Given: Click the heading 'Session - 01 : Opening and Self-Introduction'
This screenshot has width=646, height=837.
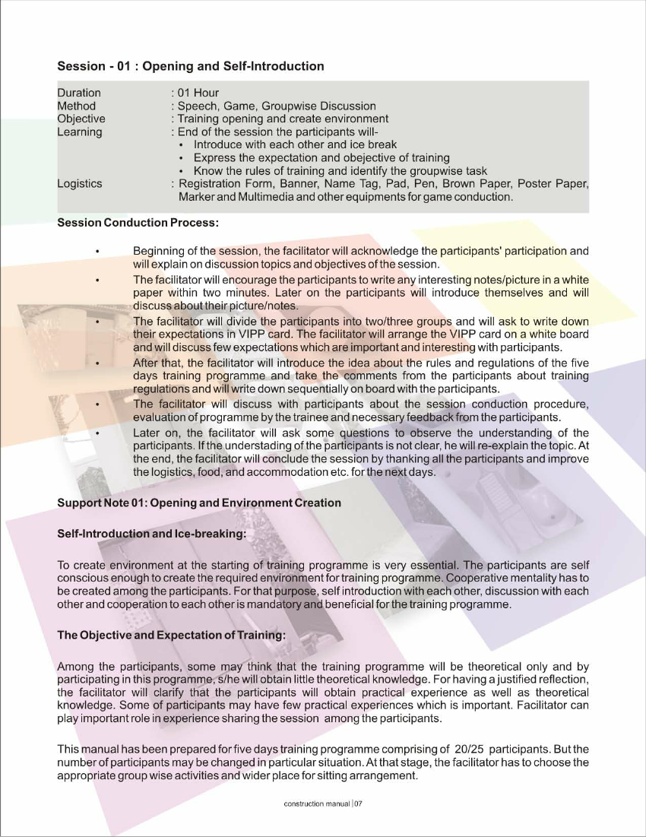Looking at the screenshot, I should coord(191,66).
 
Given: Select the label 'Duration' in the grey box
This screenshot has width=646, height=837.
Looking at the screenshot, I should coord(79,94).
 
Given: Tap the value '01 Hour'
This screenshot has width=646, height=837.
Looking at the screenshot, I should coord(198,94).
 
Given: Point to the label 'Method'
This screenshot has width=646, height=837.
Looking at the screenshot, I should coord(76,106).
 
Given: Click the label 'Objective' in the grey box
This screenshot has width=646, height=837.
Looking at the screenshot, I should coord(81,119).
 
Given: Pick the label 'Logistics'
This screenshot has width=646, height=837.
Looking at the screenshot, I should coord(80,183).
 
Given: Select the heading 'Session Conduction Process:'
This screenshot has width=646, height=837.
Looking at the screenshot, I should coord(138,223).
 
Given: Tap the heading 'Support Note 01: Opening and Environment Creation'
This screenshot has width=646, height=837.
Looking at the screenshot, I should coord(199,503).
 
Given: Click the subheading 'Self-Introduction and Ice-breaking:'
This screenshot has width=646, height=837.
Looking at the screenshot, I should coord(152,534).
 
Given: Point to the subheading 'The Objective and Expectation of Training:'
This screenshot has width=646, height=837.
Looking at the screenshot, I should coord(172,635).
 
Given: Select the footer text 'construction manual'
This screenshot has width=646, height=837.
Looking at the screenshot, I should coord(312,804).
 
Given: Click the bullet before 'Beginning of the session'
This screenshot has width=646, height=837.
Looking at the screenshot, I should coord(97,251).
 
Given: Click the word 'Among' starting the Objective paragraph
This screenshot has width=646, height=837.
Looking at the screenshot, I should coord(75,667).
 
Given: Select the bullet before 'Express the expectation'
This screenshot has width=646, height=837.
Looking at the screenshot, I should coord(181,158).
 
